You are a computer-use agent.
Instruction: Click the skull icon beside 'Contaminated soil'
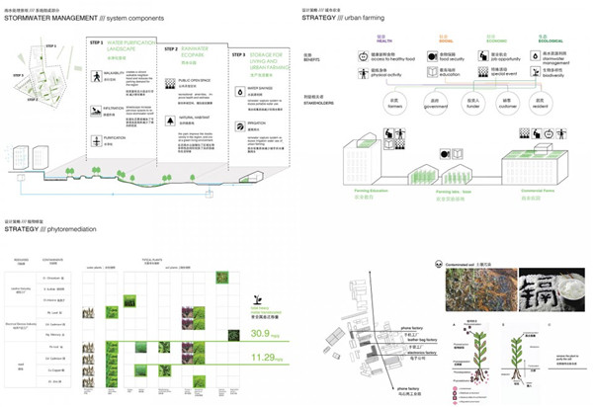coord(437,264)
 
